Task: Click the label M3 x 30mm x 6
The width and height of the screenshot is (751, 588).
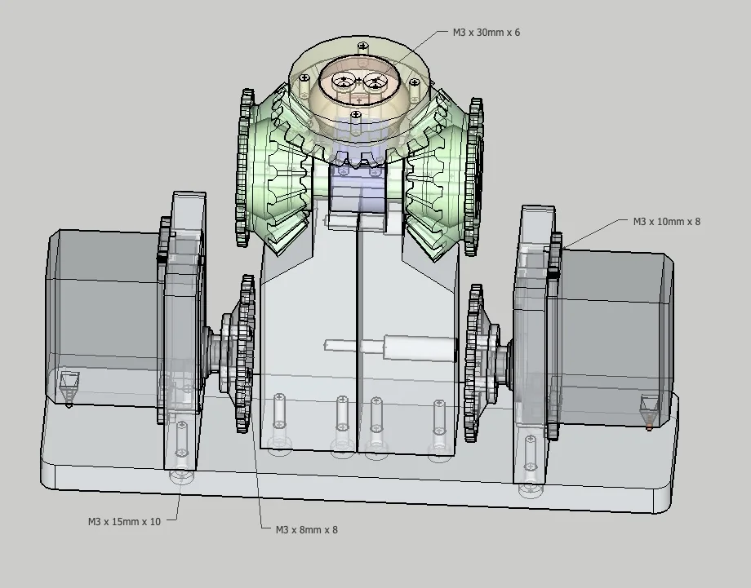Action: (487, 33)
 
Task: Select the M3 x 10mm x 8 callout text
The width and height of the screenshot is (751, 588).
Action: (666, 221)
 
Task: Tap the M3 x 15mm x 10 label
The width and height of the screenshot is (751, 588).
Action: (124, 521)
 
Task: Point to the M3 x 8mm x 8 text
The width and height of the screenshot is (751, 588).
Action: (306, 529)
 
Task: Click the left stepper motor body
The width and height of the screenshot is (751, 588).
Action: (98, 318)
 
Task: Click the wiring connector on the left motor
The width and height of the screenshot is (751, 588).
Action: (69, 383)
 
